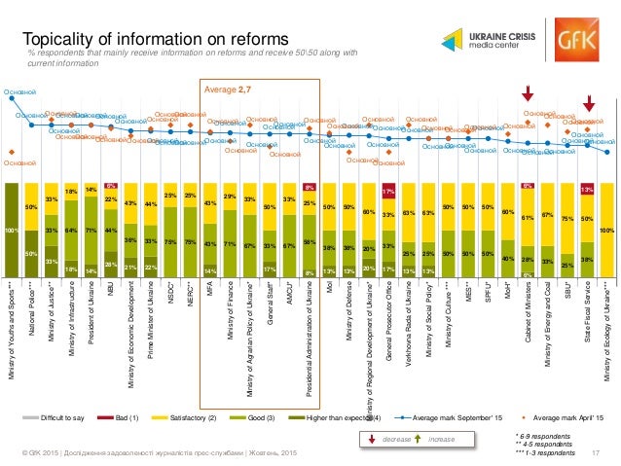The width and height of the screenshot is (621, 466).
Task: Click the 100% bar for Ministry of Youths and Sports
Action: coord(12,230)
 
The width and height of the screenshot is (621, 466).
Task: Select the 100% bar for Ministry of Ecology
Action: coord(606,230)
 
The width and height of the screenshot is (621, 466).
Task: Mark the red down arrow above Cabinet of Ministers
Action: coord(528,93)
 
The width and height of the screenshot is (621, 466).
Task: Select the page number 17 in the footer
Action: coord(595,455)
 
